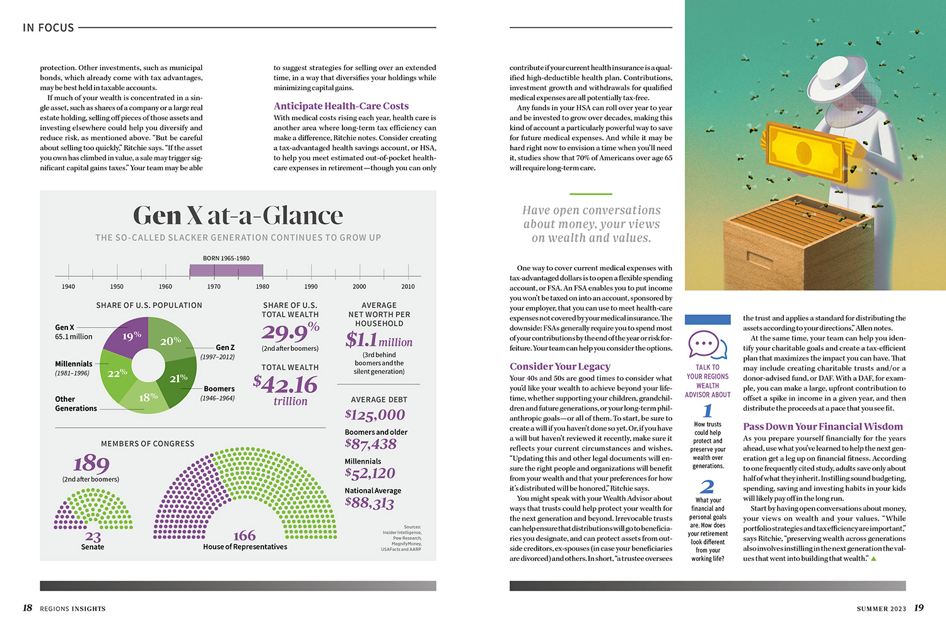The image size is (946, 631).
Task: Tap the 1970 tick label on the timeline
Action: pyautogui.click(x=214, y=286)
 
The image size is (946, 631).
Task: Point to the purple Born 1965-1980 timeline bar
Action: pyautogui.click(x=226, y=270)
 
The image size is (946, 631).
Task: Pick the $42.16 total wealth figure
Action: pyautogui.click(x=285, y=384)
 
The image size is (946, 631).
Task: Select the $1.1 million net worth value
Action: pyautogui.click(x=378, y=341)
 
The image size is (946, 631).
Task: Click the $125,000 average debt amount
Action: pyautogui.click(x=375, y=415)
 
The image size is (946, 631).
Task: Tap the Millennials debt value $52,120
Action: pyautogui.click(x=370, y=473)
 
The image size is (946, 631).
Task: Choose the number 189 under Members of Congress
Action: pyautogui.click(x=91, y=464)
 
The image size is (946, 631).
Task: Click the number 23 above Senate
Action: pyautogui.click(x=93, y=536)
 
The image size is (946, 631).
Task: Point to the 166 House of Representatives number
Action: pyautogui.click(x=244, y=536)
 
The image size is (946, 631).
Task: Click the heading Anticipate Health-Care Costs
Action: pyautogui.click(x=341, y=106)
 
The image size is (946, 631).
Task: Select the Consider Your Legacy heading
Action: pyautogui.click(x=560, y=367)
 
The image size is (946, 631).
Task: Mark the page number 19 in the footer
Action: pyautogui.click(x=919, y=608)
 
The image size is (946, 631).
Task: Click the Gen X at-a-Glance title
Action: pyautogui.click(x=238, y=216)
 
